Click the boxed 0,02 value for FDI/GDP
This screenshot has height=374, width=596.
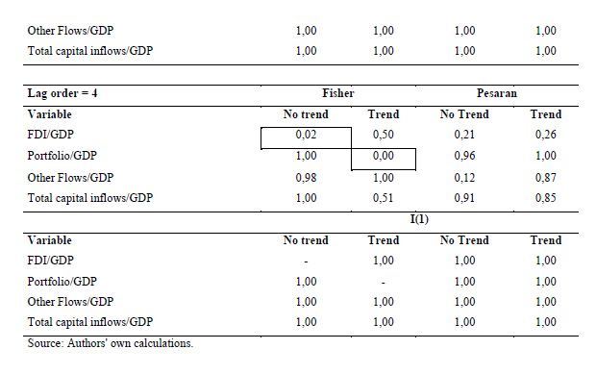pyautogui.click(x=306, y=135)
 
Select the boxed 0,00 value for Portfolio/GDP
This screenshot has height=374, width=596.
pyautogui.click(x=384, y=156)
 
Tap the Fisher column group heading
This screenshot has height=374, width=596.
pyautogui.click(x=338, y=93)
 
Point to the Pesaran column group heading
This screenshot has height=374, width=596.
pyautogui.click(x=497, y=93)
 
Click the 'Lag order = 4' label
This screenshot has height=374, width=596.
pyautogui.click(x=62, y=93)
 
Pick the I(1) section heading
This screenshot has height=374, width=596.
pyautogui.click(x=419, y=219)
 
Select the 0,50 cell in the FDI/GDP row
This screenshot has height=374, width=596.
pyautogui.click(x=384, y=135)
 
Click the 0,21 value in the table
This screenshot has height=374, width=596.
pyautogui.click(x=464, y=135)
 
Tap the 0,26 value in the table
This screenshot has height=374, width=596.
pyautogui.click(x=546, y=135)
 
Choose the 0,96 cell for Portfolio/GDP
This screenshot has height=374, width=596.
pyautogui.click(x=464, y=156)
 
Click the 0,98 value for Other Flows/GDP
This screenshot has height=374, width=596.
pyautogui.click(x=306, y=178)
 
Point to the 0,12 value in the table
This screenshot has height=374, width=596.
pyautogui.click(x=464, y=178)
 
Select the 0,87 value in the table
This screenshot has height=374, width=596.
pyautogui.click(x=546, y=178)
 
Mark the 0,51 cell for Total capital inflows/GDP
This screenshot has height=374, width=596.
pyautogui.click(x=384, y=198)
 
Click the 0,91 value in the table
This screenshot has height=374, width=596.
pyautogui.click(x=464, y=198)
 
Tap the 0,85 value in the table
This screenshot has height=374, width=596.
pyautogui.click(x=546, y=198)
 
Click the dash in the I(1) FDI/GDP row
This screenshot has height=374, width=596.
pyautogui.click(x=306, y=262)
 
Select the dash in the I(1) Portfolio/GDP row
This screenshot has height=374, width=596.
pyautogui.click(x=384, y=283)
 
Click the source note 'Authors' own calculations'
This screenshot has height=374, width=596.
pyautogui.click(x=131, y=343)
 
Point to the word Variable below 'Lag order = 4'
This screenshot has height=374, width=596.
pyautogui.click(x=49, y=114)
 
